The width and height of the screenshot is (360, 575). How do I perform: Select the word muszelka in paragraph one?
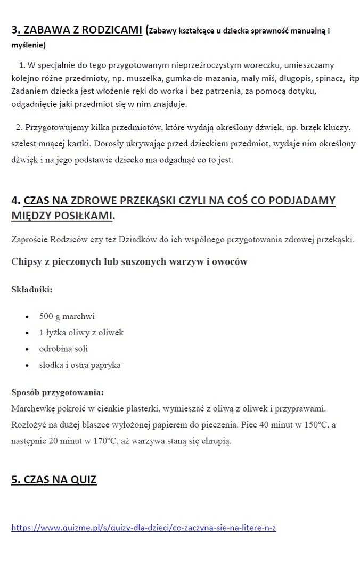tap(129, 79)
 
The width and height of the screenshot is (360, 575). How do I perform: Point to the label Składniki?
tap(32, 289)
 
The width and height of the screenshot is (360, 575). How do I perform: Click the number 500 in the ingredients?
tap(46, 316)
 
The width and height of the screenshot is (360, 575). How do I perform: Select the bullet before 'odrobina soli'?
tap(27, 349)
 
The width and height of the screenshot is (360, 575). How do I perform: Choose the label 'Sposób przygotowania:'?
tap(57, 393)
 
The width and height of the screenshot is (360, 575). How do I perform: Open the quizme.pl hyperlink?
tap(143, 528)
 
